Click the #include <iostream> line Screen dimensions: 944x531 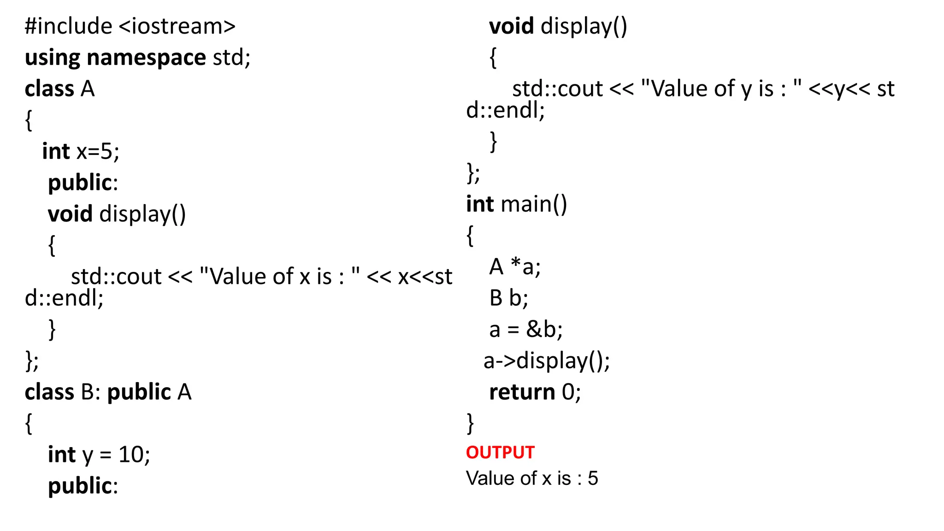(130, 26)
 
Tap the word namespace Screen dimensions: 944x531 (146, 58)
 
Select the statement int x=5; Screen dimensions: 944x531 (81, 152)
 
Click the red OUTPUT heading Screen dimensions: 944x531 (500, 453)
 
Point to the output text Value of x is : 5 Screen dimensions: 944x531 (531, 478)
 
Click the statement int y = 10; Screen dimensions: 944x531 (99, 455)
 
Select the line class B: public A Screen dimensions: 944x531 (108, 392)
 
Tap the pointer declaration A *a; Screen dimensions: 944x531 (514, 267)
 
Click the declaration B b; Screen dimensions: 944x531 (508, 298)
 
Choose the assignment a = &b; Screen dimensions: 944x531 (525, 330)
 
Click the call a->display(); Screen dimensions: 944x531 (546, 361)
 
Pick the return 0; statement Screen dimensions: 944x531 (535, 392)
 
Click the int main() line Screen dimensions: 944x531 (516, 204)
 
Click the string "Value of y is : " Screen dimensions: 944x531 (721, 88)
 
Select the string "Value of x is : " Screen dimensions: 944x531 (279, 277)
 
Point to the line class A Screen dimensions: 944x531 (59, 89)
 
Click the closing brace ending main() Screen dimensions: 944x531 (470, 423)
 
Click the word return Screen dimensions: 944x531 (522, 392)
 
